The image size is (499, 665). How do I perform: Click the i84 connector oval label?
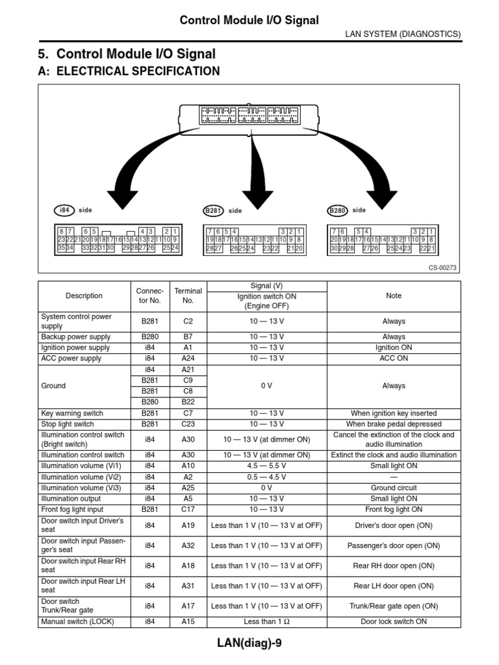(64, 210)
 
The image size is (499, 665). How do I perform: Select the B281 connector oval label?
(213, 210)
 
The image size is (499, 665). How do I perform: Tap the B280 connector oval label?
(337, 210)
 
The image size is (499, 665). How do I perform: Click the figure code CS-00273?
(443, 268)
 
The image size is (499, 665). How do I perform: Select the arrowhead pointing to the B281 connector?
(259, 195)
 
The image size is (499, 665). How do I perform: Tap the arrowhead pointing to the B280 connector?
(382, 195)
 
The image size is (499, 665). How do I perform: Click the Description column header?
(84, 296)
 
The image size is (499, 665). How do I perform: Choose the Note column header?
(394, 296)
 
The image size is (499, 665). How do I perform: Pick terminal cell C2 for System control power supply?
(188, 321)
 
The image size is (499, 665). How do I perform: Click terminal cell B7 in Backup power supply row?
(188, 337)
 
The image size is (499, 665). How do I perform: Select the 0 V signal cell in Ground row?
(266, 386)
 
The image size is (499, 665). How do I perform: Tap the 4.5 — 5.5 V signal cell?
(266, 466)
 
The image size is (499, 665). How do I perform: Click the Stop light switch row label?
(68, 424)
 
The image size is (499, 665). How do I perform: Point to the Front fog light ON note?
(394, 510)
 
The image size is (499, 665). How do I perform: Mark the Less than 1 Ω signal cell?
(266, 621)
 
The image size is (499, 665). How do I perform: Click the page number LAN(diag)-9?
(249, 643)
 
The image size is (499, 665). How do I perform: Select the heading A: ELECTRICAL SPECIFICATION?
(130, 71)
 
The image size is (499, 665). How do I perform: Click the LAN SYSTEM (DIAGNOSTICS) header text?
(402, 34)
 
